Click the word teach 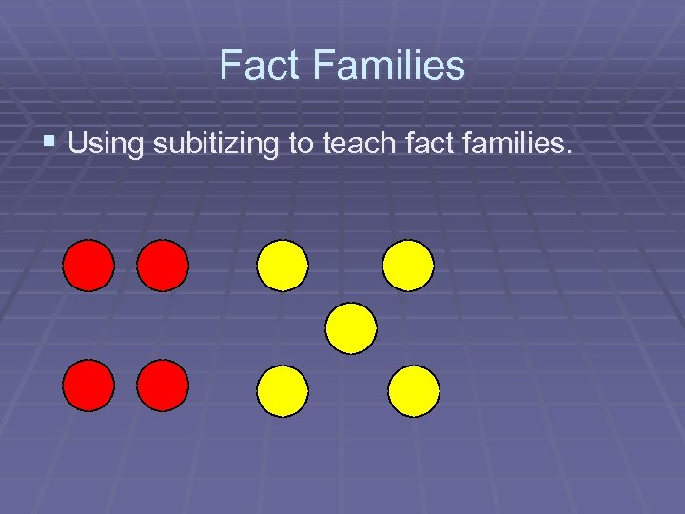[x=365, y=145]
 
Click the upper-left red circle [x=88, y=265]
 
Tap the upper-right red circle [x=163, y=265]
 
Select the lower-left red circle [x=88, y=385]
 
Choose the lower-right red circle [x=163, y=385]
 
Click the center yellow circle [x=351, y=328]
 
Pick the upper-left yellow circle [x=283, y=265]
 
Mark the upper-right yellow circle [x=408, y=265]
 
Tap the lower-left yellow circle [x=283, y=391]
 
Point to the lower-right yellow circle [x=414, y=391]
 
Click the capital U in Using [x=78, y=146]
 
